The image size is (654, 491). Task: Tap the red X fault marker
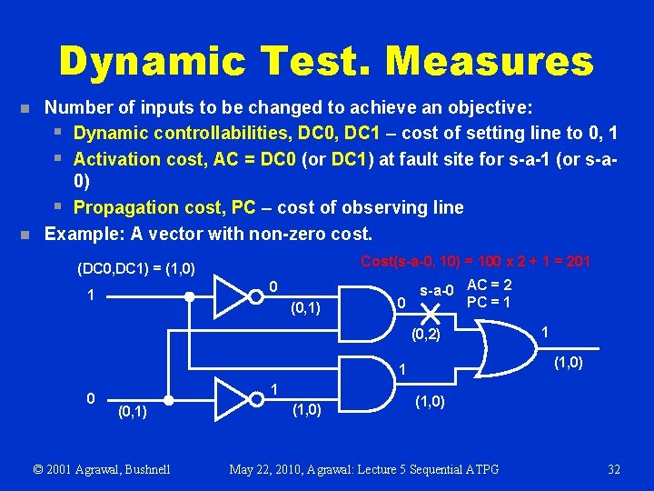coord(431,313)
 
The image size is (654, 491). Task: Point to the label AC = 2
coord(490,286)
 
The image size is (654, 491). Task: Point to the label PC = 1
coord(488,302)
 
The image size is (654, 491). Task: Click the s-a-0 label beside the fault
coord(435,291)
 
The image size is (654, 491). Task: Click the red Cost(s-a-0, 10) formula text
coord(475,262)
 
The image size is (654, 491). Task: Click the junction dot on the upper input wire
coord(189,296)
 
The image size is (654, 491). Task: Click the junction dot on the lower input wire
coord(169,399)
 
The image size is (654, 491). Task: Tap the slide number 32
coord(614,469)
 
